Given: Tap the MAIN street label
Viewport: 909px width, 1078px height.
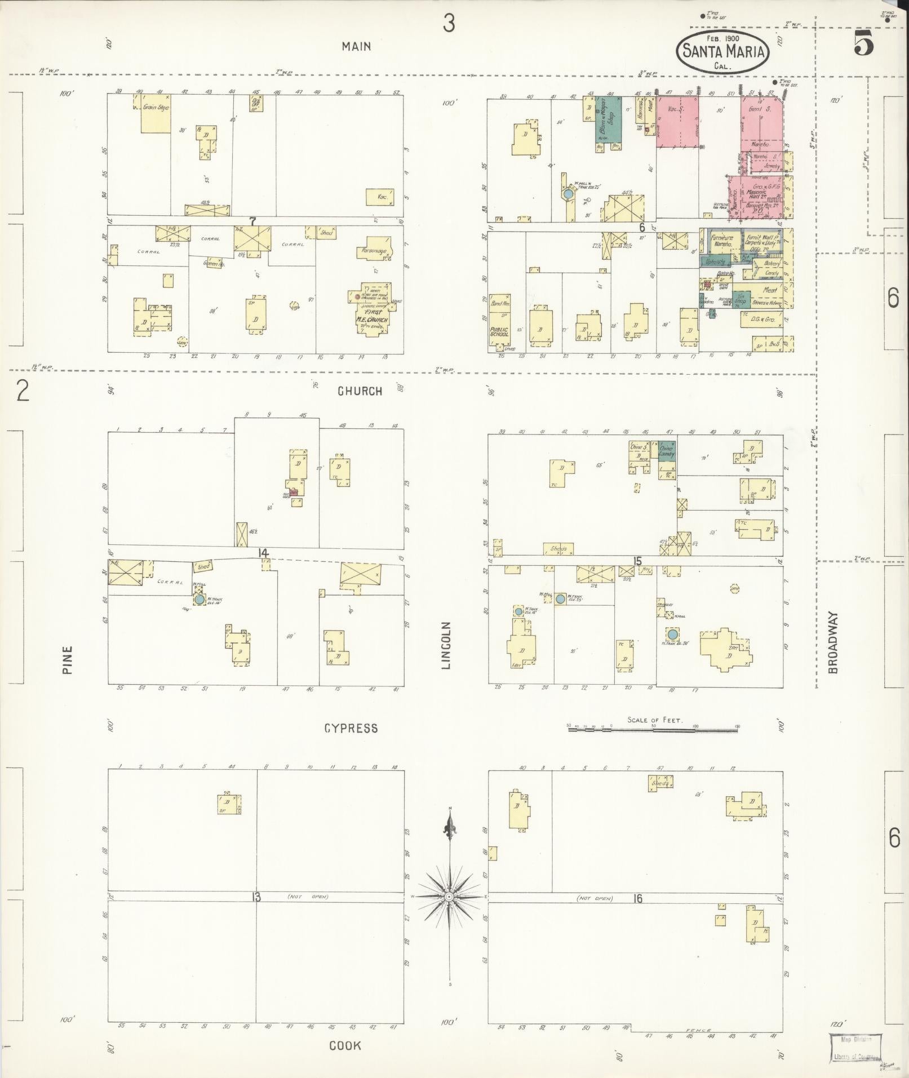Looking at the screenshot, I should pyautogui.click(x=356, y=47).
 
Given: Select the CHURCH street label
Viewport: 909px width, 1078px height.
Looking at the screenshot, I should pyautogui.click(x=360, y=391).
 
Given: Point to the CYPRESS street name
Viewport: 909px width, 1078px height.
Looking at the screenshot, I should pyautogui.click(x=351, y=729).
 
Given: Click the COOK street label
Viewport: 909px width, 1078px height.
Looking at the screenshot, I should pyautogui.click(x=345, y=1046).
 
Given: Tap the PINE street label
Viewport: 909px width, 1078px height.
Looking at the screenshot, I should pyautogui.click(x=68, y=660).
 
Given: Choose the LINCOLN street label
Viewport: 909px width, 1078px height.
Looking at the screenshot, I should pyautogui.click(x=447, y=646).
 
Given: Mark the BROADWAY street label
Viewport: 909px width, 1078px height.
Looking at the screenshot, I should pyautogui.click(x=833, y=642).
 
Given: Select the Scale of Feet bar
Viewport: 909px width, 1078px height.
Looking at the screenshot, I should pyautogui.click(x=654, y=729).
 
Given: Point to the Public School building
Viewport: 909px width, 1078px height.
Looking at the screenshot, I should pyautogui.click(x=499, y=319).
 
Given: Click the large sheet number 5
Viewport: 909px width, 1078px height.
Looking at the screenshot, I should pyautogui.click(x=863, y=43).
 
